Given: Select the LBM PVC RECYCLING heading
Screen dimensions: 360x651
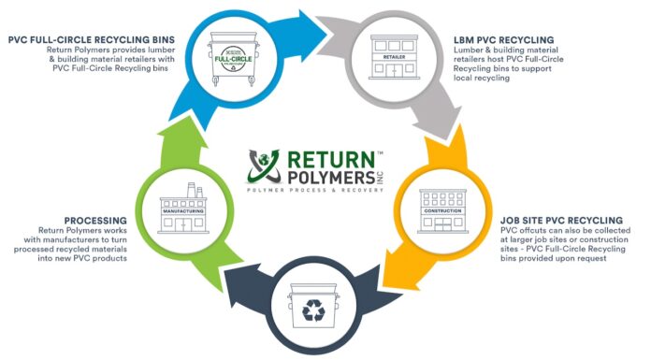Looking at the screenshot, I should click(502, 39).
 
